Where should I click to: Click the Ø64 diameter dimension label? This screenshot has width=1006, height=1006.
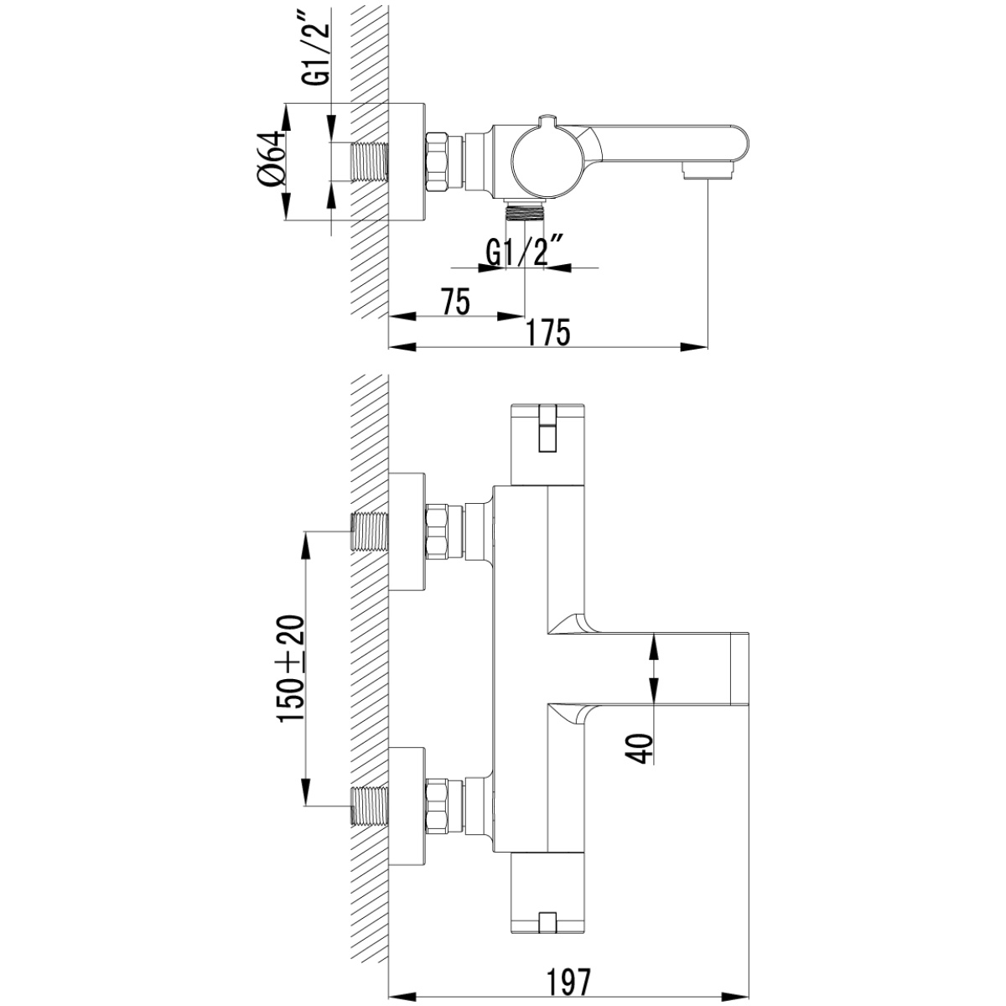click(x=272, y=158)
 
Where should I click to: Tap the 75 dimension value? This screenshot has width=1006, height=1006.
click(x=455, y=302)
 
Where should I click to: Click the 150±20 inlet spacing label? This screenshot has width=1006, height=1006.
click(x=291, y=668)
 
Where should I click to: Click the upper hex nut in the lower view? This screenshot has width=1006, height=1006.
click(x=444, y=537)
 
